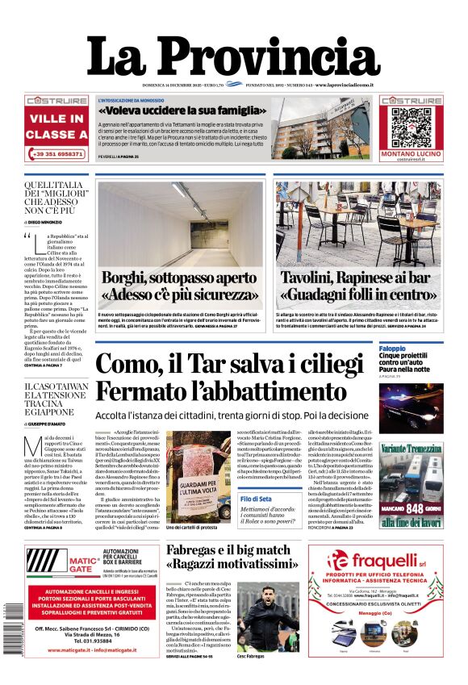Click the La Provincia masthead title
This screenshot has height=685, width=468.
(x=233, y=58)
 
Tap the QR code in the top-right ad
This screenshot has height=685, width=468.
(x=407, y=122)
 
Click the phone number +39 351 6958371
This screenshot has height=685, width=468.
(x=56, y=153)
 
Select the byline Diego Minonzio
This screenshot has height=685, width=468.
(x=52, y=220)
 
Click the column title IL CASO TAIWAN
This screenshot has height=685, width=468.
(x=56, y=386)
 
